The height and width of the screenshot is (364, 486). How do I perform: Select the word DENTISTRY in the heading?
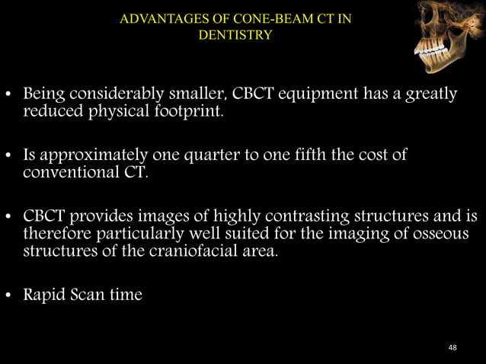coord(235,34)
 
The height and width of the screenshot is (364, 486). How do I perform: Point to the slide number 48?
coord(453,347)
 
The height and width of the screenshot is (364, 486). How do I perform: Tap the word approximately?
coord(85,156)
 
